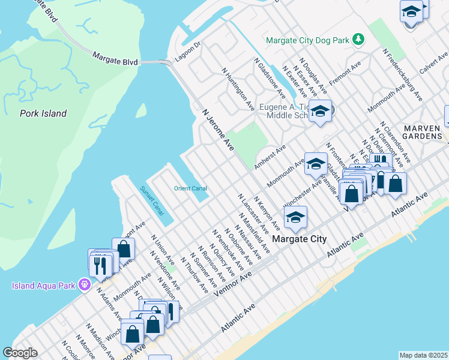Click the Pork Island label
tap(43, 113)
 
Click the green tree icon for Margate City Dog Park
tap(358, 39)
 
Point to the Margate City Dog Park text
tap(307, 41)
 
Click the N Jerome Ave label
tap(217, 130)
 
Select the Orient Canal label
tap(190, 188)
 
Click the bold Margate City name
tap(300, 239)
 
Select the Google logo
tap(20, 353)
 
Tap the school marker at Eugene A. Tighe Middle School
tap(321, 112)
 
